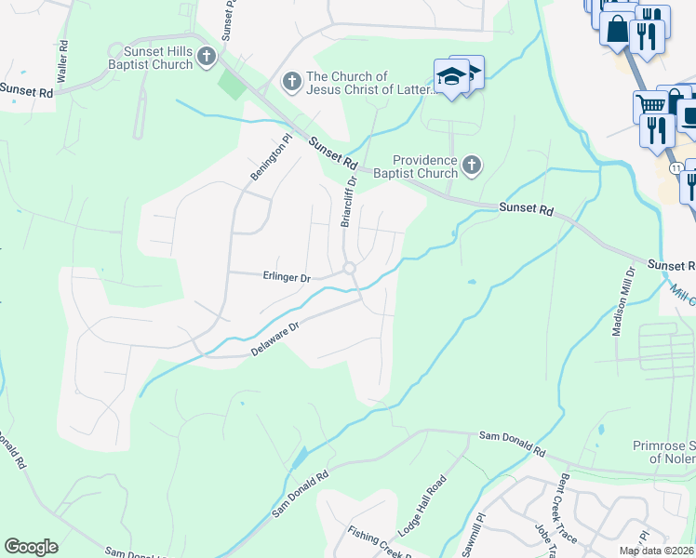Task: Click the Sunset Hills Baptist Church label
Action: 151,57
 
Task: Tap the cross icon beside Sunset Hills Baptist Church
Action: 207,57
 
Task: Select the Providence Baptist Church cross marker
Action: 472,166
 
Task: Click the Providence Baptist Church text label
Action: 424,166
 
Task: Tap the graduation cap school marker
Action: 452,76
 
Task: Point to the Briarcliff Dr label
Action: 348,204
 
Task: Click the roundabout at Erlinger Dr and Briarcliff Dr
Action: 350,269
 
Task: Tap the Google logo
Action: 31,547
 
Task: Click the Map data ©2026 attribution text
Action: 656,551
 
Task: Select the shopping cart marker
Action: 649,104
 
